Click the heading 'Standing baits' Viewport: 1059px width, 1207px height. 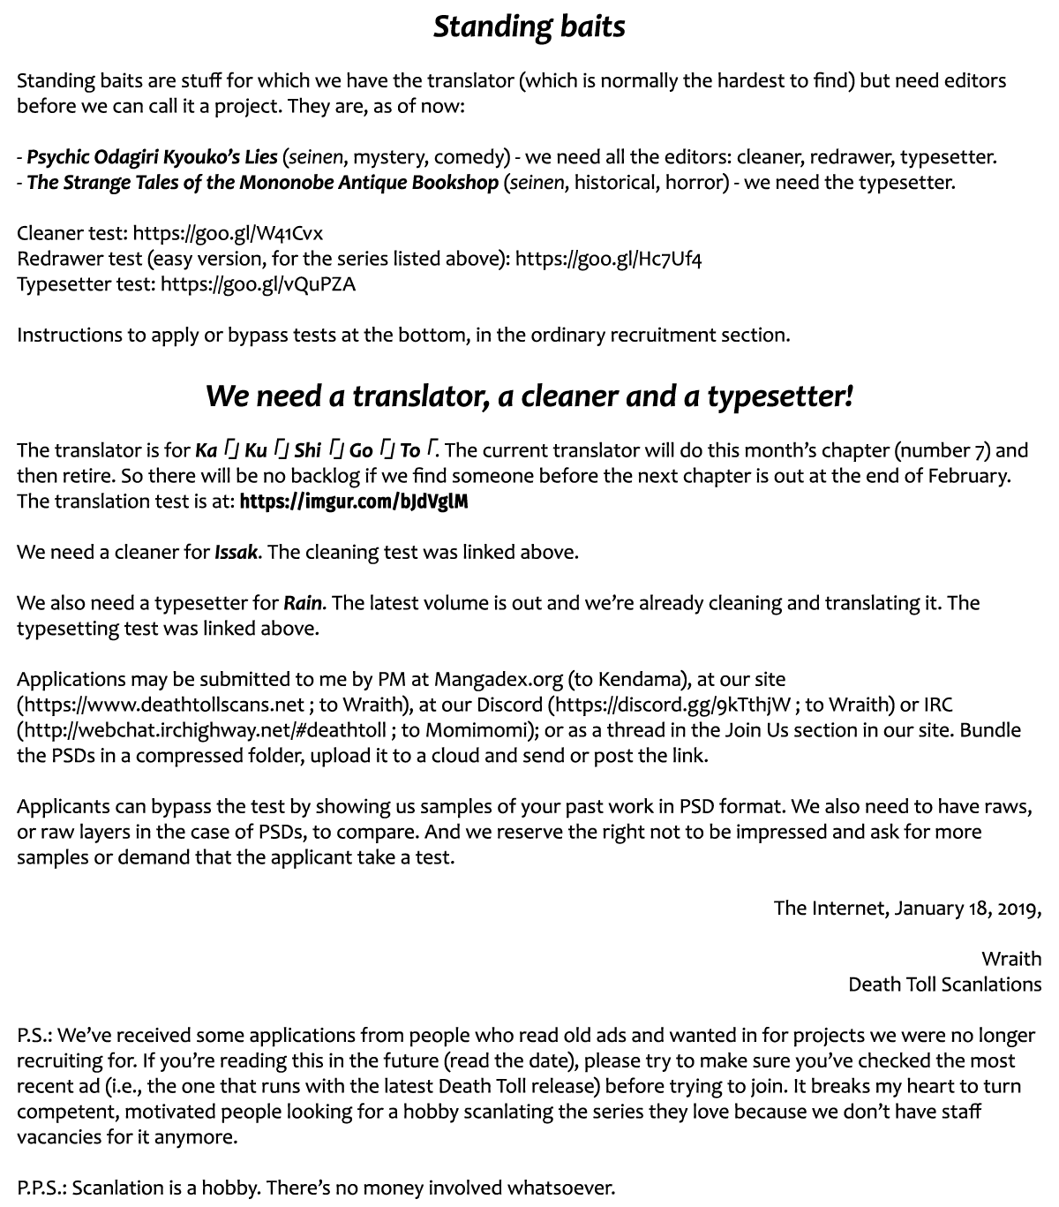coord(529,26)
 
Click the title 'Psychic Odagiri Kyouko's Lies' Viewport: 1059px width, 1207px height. coord(152,157)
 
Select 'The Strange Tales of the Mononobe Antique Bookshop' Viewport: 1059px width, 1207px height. coord(263,183)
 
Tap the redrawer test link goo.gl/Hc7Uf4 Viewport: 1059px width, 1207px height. coord(608,259)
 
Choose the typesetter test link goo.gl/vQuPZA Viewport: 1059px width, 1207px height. coord(259,284)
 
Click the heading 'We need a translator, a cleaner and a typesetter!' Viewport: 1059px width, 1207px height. coord(529,396)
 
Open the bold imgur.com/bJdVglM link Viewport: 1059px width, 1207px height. coord(353,502)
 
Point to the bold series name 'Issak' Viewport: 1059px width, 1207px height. coord(237,553)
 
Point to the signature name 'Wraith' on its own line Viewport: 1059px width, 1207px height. coord(1010,959)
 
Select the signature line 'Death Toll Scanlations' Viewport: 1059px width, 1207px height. coord(944,984)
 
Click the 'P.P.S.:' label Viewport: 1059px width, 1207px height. coord(41,1188)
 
